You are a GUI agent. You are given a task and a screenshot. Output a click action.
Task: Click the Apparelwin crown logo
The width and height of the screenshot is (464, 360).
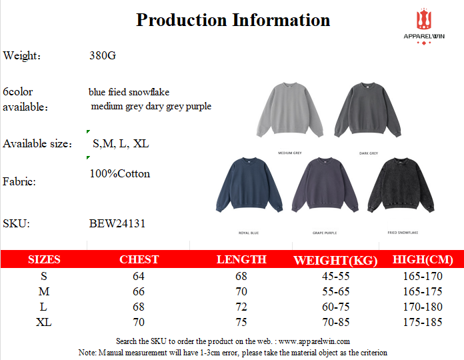pyautogui.click(x=424, y=19)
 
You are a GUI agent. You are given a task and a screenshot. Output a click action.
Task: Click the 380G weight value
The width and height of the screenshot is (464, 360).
pyautogui.click(x=103, y=55)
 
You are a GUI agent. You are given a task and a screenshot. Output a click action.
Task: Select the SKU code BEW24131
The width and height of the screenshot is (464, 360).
pyautogui.click(x=117, y=223)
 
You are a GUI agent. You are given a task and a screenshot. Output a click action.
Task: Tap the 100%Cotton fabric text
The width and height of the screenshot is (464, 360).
pyautogui.click(x=120, y=173)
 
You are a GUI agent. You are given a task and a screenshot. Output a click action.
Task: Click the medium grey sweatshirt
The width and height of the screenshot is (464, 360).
pyautogui.click(x=290, y=110)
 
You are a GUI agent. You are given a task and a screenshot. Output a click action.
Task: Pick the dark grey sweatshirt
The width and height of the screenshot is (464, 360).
pyautogui.click(x=367, y=110)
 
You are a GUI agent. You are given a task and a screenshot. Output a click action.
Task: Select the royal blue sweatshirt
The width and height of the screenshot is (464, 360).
pyautogui.click(x=249, y=185)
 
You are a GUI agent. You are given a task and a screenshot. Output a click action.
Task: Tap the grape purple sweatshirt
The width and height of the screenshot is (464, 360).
pyautogui.click(x=325, y=185)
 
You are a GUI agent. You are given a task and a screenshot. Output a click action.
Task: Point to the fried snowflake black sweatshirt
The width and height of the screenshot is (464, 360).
pyautogui.click(x=401, y=185)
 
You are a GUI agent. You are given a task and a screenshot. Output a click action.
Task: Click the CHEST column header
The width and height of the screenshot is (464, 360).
pyautogui.click(x=139, y=259)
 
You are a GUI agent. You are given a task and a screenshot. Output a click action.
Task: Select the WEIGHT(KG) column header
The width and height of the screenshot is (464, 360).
pyautogui.click(x=335, y=260)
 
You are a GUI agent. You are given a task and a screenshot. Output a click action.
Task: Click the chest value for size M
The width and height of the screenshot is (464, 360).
pyautogui.click(x=139, y=291)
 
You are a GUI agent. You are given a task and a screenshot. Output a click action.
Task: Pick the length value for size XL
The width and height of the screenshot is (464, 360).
pyautogui.click(x=241, y=322)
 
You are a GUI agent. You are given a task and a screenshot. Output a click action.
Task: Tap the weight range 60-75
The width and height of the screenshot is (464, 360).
pyautogui.click(x=336, y=307)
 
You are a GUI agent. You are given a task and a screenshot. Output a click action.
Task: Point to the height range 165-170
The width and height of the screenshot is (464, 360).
pyautogui.click(x=423, y=276)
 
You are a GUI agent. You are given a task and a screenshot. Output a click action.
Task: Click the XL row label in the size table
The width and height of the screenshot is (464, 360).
pyautogui.click(x=43, y=322)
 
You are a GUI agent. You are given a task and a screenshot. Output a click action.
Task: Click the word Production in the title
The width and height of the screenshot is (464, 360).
pyautogui.click(x=181, y=20)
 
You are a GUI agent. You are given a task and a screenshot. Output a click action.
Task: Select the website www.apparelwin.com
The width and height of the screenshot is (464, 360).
pyautogui.click(x=314, y=341)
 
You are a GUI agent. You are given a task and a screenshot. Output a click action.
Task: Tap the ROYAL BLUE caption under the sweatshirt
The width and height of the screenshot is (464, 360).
pyautogui.click(x=249, y=233)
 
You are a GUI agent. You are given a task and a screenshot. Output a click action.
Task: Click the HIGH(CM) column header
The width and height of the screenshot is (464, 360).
pyautogui.click(x=423, y=259)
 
